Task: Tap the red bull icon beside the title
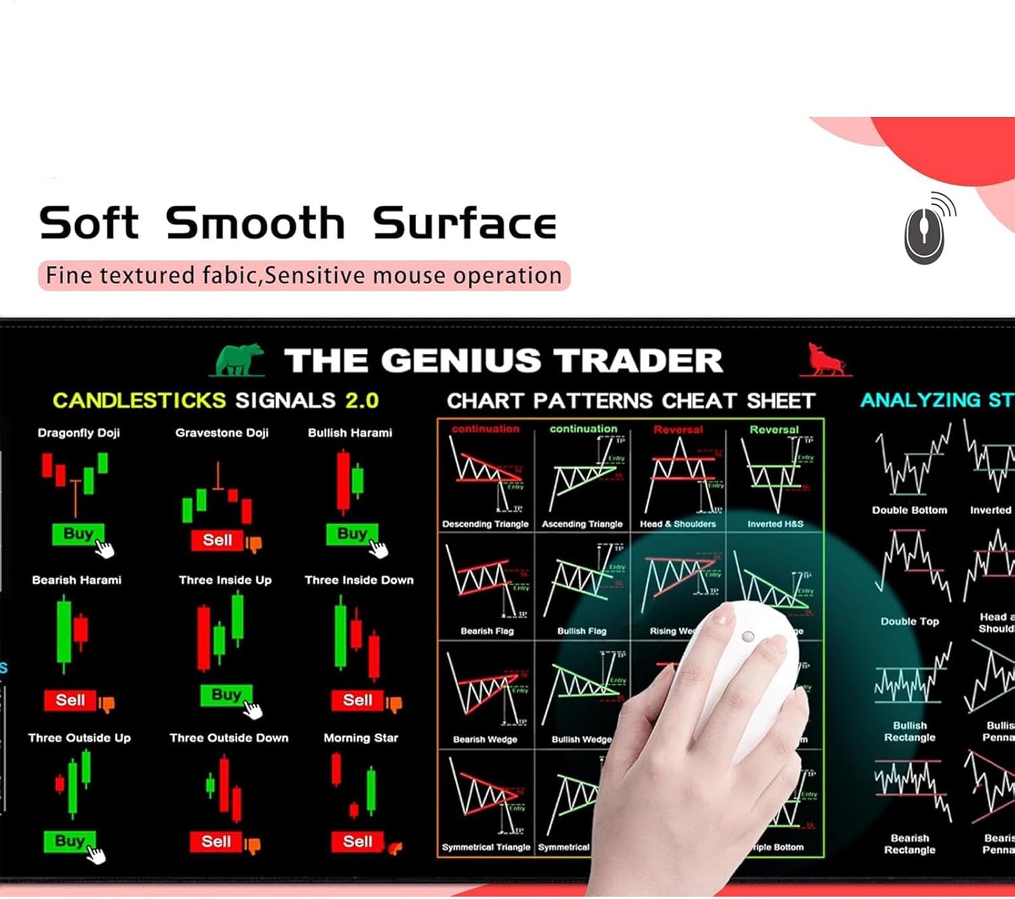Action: (x=825, y=360)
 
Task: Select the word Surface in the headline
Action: (x=464, y=224)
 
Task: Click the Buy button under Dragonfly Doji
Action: (x=78, y=534)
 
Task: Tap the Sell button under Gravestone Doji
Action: (x=217, y=540)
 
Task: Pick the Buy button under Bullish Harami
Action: (x=352, y=534)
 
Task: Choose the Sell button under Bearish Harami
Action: (x=70, y=700)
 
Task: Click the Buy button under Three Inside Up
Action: (x=226, y=695)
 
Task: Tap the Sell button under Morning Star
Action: (x=357, y=842)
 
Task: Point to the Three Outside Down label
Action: (x=229, y=738)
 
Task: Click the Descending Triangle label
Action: (x=485, y=524)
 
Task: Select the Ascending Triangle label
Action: (x=582, y=524)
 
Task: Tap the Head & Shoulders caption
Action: (x=677, y=524)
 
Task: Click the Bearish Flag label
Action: (x=487, y=631)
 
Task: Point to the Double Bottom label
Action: (x=909, y=511)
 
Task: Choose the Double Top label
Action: (x=909, y=622)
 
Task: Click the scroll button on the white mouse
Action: (x=748, y=637)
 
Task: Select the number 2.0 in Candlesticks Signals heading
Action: (x=362, y=400)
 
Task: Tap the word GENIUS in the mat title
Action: (x=461, y=361)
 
